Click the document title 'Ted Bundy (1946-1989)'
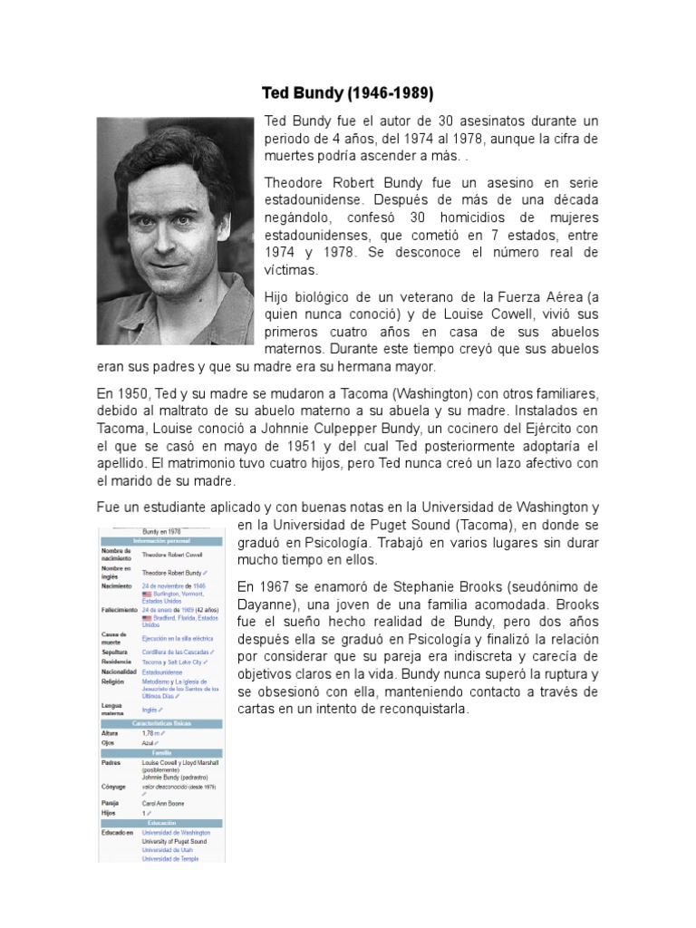tap(348, 93)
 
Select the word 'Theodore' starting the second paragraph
tap(296, 182)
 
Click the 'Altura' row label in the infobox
tap(111, 733)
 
